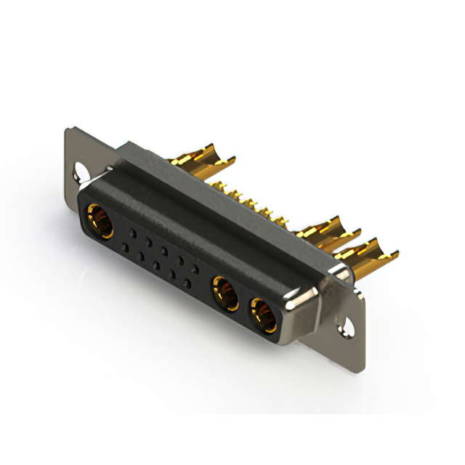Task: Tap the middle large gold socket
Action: point(225,294)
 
